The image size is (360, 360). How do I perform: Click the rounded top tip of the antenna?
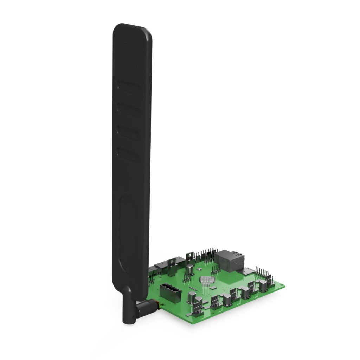132,30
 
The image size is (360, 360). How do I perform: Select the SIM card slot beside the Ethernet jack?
248,271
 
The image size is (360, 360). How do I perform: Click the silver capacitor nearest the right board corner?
263,285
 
